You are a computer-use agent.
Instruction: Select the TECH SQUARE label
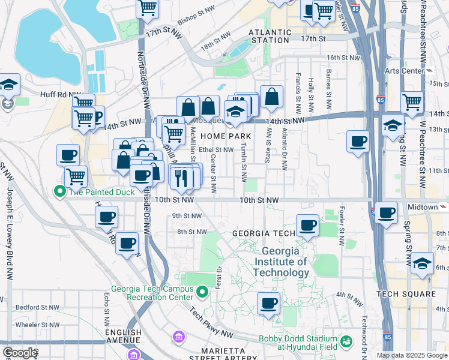click(x=406, y=293)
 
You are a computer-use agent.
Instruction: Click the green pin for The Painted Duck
click(x=60, y=192)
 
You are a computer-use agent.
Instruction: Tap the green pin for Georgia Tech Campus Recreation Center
click(x=203, y=292)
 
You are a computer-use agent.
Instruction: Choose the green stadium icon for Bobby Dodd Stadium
click(x=346, y=342)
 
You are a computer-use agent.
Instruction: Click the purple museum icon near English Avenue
click(x=178, y=337)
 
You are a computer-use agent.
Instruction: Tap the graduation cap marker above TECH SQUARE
click(x=423, y=263)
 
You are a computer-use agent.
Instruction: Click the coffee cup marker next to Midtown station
click(x=386, y=213)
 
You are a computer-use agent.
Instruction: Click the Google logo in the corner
click(x=19, y=353)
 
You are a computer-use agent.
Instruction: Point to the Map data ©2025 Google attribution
click(x=411, y=355)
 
